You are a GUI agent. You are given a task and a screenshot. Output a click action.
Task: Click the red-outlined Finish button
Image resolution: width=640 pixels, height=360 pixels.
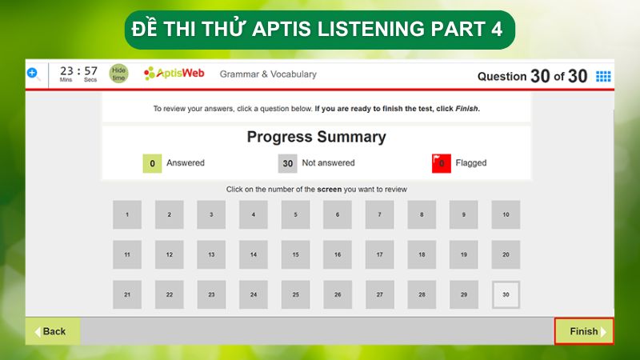(x=584, y=331)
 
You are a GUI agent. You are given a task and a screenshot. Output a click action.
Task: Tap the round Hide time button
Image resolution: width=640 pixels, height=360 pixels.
(x=118, y=74)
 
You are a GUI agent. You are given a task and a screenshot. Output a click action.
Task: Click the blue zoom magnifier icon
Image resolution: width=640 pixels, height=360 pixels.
(x=33, y=74)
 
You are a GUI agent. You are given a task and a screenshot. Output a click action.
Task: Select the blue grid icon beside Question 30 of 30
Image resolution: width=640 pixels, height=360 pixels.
(x=603, y=76)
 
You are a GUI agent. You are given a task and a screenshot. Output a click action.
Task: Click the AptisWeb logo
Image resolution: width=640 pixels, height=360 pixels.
(x=174, y=74)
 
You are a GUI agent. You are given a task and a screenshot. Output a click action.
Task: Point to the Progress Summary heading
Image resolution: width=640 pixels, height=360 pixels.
(x=316, y=137)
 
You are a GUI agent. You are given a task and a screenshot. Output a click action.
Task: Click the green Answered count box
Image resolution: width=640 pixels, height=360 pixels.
(x=152, y=163)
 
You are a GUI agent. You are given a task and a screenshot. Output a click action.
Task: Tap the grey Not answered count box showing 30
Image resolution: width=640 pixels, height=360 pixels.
(x=288, y=163)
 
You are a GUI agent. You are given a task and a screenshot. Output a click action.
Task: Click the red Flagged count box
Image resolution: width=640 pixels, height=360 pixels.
(x=441, y=163)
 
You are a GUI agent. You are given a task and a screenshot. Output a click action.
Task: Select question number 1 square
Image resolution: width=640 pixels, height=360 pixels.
(x=127, y=214)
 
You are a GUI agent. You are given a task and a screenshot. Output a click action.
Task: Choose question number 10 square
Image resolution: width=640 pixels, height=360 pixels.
(x=506, y=214)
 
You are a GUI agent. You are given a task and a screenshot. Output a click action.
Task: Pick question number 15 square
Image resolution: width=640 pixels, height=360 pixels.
(x=295, y=254)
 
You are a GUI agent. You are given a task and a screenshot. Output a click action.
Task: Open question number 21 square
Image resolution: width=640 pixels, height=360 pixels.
(x=127, y=294)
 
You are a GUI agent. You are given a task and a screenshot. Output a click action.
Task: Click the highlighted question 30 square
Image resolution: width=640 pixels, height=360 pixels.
(x=506, y=294)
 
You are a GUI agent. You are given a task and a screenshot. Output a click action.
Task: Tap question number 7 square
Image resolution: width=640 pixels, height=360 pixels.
(x=379, y=214)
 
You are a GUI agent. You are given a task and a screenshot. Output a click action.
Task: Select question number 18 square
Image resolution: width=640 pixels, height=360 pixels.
(x=422, y=254)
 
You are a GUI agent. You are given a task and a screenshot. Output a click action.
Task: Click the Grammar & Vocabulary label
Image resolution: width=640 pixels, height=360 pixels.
(x=268, y=74)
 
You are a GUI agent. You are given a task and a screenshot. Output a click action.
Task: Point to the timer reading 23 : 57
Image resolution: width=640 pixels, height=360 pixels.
(x=78, y=71)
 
